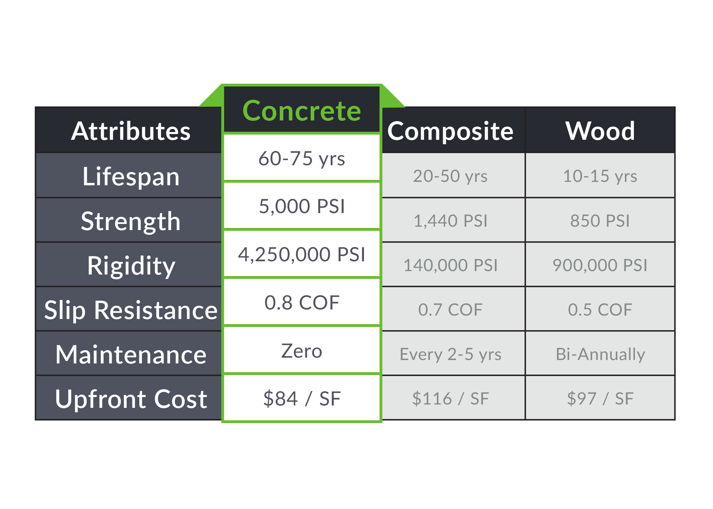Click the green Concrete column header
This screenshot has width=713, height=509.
pyautogui.click(x=301, y=111)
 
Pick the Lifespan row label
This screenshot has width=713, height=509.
pyautogui.click(x=131, y=176)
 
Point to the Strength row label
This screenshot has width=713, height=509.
pyautogui.click(x=131, y=221)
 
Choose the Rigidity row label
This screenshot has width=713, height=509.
pyautogui.click(x=131, y=265)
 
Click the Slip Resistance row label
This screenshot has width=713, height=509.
pyautogui.click(x=131, y=310)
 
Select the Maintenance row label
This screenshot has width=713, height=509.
pyautogui.click(x=131, y=354)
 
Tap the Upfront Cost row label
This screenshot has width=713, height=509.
pyautogui.click(x=131, y=399)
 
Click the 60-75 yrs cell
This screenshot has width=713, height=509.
pyautogui.click(x=301, y=158)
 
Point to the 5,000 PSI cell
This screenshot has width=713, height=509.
pyautogui.click(x=301, y=206)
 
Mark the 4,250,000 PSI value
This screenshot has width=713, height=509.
pyautogui.click(x=301, y=254)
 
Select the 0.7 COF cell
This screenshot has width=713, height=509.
pyautogui.click(x=450, y=309)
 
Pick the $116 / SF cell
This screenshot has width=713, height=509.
pyautogui.click(x=450, y=398)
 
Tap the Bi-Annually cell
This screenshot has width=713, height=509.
pyautogui.click(x=600, y=354)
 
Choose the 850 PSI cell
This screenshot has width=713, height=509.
pyautogui.click(x=600, y=221)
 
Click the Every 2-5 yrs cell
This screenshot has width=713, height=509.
pyautogui.click(x=450, y=354)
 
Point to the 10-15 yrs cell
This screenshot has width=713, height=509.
pyautogui.click(x=600, y=176)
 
